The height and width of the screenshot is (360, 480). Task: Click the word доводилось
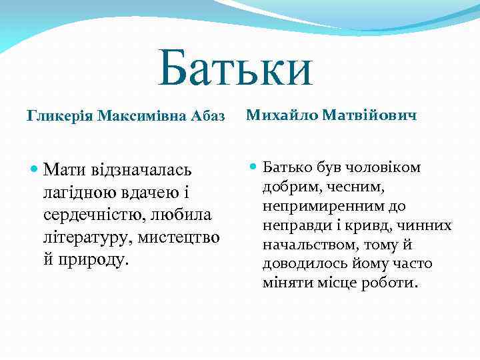click(x=299, y=264)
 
